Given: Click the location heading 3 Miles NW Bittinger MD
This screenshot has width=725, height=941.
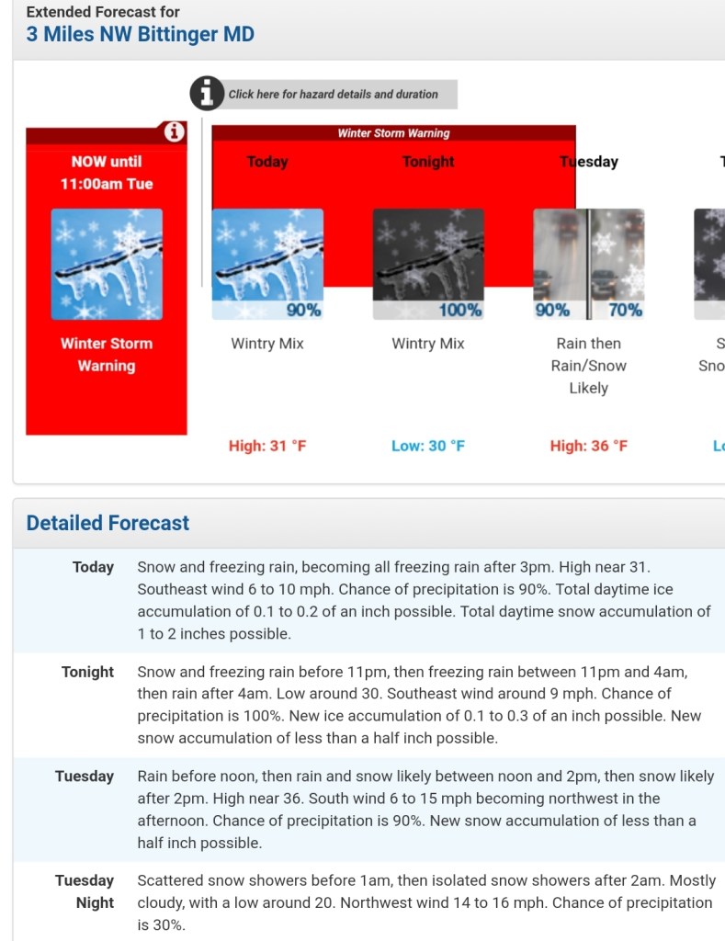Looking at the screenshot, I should (x=140, y=35).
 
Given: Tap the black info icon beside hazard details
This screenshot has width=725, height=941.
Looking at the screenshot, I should (x=207, y=93).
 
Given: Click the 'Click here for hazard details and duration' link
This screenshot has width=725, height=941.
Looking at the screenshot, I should (x=333, y=94).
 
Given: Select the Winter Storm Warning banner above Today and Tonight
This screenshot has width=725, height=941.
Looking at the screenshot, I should (x=393, y=133).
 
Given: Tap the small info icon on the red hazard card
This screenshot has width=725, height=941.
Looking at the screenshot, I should (x=173, y=132).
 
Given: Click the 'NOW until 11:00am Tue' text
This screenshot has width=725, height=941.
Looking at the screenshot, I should (x=107, y=173).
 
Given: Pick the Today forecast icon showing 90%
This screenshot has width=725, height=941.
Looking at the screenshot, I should (x=267, y=264).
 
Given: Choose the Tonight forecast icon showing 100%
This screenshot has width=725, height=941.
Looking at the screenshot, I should (x=428, y=264).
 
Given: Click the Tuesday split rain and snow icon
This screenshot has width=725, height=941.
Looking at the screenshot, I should (x=589, y=264).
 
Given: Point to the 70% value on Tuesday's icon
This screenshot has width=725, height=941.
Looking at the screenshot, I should (x=625, y=311).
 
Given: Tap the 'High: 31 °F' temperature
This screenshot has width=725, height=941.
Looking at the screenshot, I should (x=267, y=446).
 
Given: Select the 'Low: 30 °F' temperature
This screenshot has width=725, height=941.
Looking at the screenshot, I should (x=428, y=446).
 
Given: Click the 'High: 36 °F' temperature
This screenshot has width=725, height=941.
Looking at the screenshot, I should (x=589, y=446).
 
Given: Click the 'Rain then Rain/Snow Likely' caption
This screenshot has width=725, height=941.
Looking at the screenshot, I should (x=589, y=366).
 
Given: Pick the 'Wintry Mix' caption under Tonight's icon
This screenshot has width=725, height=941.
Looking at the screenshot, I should (x=428, y=344).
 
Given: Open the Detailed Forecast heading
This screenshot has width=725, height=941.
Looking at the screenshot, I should (x=108, y=523).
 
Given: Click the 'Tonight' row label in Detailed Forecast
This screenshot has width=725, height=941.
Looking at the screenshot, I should (x=87, y=672).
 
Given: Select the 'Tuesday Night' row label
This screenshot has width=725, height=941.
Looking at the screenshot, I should (x=85, y=891).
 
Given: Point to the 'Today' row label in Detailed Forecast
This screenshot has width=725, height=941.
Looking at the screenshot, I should (x=93, y=567).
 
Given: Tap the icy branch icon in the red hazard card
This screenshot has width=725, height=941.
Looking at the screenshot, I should (x=107, y=264).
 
